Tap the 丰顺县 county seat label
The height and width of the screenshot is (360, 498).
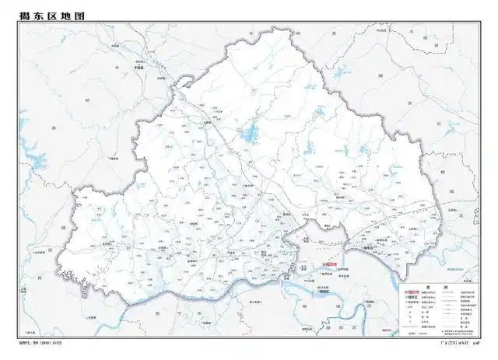click(x=142, y=67)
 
